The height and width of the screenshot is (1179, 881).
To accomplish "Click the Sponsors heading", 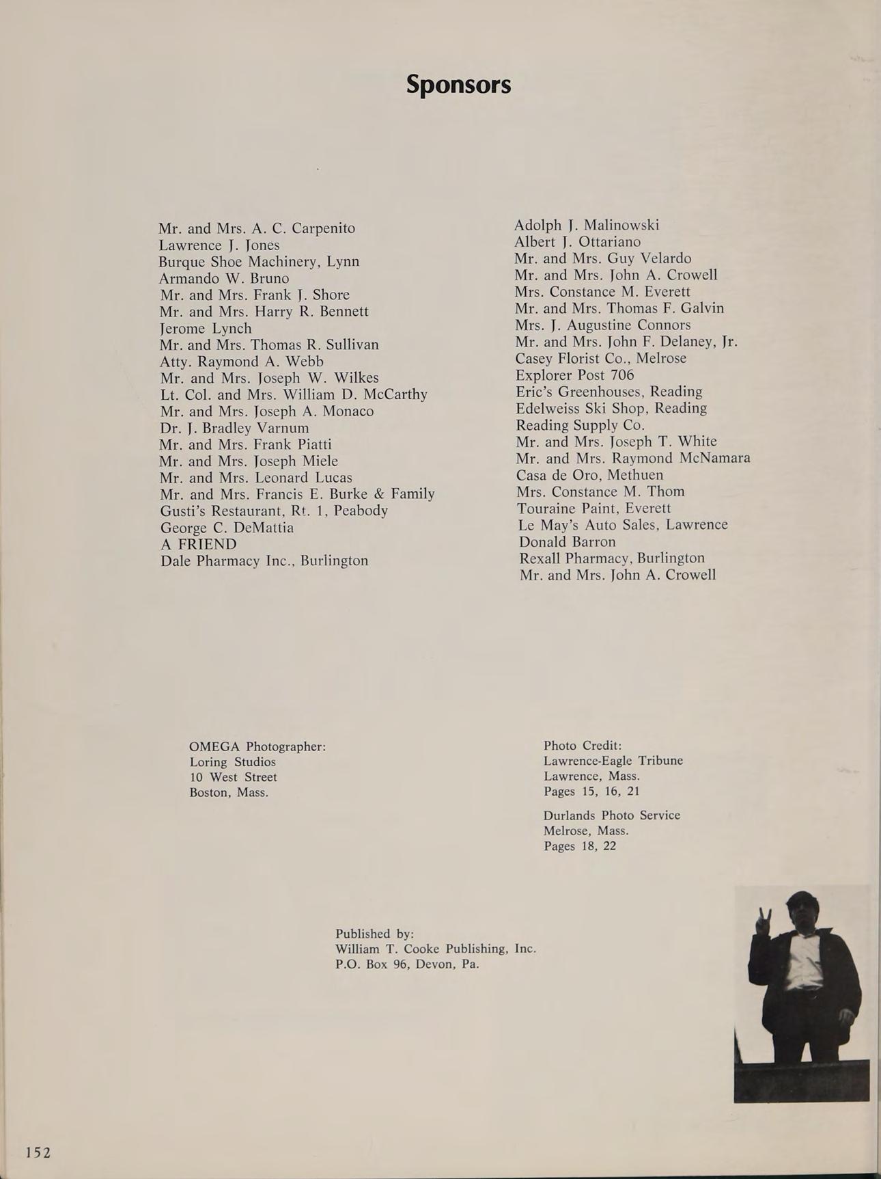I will [x=458, y=85].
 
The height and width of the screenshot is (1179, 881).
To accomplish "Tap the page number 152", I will [x=38, y=1152].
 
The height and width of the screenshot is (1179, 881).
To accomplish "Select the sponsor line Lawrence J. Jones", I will [x=219, y=245].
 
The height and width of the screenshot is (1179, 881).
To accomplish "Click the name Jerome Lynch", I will [x=205, y=328].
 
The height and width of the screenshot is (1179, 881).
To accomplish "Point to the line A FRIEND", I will [x=198, y=544].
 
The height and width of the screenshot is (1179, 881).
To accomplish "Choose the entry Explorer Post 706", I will [x=574, y=375].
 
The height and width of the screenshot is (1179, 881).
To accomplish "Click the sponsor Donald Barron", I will [x=567, y=541].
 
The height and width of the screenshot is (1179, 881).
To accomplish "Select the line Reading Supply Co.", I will [x=580, y=424].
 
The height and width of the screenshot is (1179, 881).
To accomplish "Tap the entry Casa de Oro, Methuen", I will [x=589, y=474].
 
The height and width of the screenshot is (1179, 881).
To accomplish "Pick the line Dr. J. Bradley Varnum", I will [x=234, y=428].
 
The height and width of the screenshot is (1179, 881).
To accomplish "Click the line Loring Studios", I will [x=232, y=761].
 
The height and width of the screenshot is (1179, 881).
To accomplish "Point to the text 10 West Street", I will [x=233, y=777].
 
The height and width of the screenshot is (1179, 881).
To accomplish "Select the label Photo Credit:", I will [x=583, y=746].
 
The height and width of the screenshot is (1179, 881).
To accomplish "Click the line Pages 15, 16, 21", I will [x=591, y=791].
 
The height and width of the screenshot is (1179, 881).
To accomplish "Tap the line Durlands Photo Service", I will [x=611, y=815].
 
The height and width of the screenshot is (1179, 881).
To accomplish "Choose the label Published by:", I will [x=374, y=934].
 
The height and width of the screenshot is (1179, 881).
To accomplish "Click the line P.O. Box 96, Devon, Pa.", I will [x=407, y=964].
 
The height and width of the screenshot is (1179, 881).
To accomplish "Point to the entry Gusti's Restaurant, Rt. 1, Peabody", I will [x=274, y=511].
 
